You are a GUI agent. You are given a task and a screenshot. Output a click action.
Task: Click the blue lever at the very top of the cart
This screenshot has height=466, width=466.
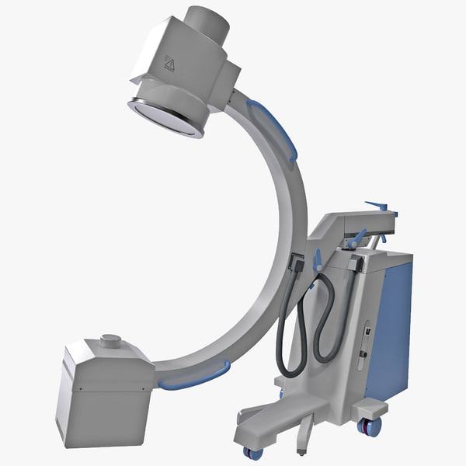[x=380, y=207]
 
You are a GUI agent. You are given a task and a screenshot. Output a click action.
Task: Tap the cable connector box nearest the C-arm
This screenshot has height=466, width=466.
[x=296, y=263]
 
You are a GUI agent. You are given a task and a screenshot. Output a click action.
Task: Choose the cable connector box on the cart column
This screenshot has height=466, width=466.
[x=354, y=264]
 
